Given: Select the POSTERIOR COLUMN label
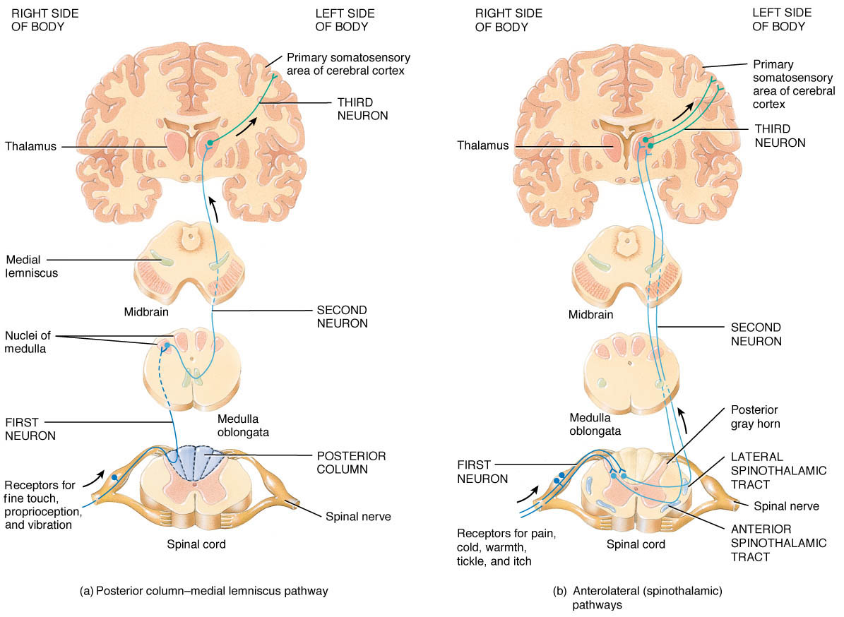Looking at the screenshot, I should click(350, 462).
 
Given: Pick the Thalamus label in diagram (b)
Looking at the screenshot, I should click(482, 145).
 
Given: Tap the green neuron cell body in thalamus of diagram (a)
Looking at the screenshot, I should click(209, 145).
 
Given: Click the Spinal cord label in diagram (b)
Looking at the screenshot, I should click(636, 544).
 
